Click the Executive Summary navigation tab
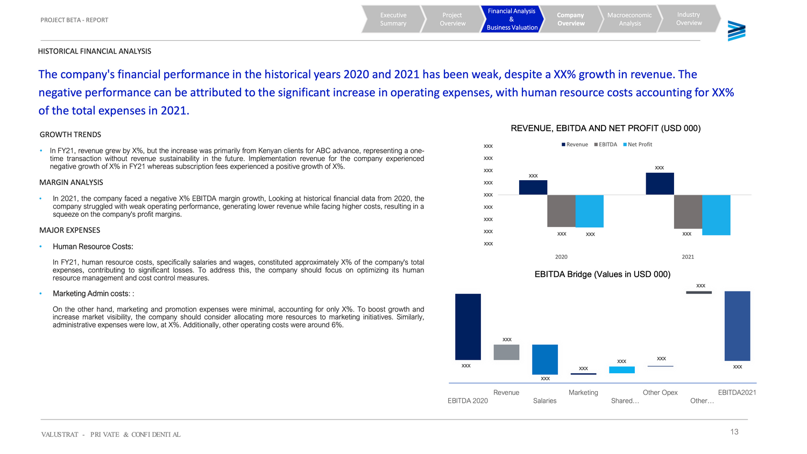(393, 19)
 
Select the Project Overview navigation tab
(452, 19)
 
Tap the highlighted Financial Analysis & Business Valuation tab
(512, 19)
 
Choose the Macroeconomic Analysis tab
(629, 19)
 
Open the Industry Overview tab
(689, 19)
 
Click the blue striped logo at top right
(737, 31)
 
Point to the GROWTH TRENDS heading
(70, 134)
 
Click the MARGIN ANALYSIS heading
(71, 182)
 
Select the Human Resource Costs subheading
(93, 247)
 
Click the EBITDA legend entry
(607, 145)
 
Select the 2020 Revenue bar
(533, 187)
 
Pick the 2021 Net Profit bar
(716, 215)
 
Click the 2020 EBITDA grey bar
(561, 211)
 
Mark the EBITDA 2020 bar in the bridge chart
(468, 327)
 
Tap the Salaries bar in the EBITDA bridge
(545, 359)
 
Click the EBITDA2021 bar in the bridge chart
(737, 326)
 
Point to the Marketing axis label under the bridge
(583, 393)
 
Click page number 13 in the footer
(734, 432)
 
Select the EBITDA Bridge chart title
(602, 274)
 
